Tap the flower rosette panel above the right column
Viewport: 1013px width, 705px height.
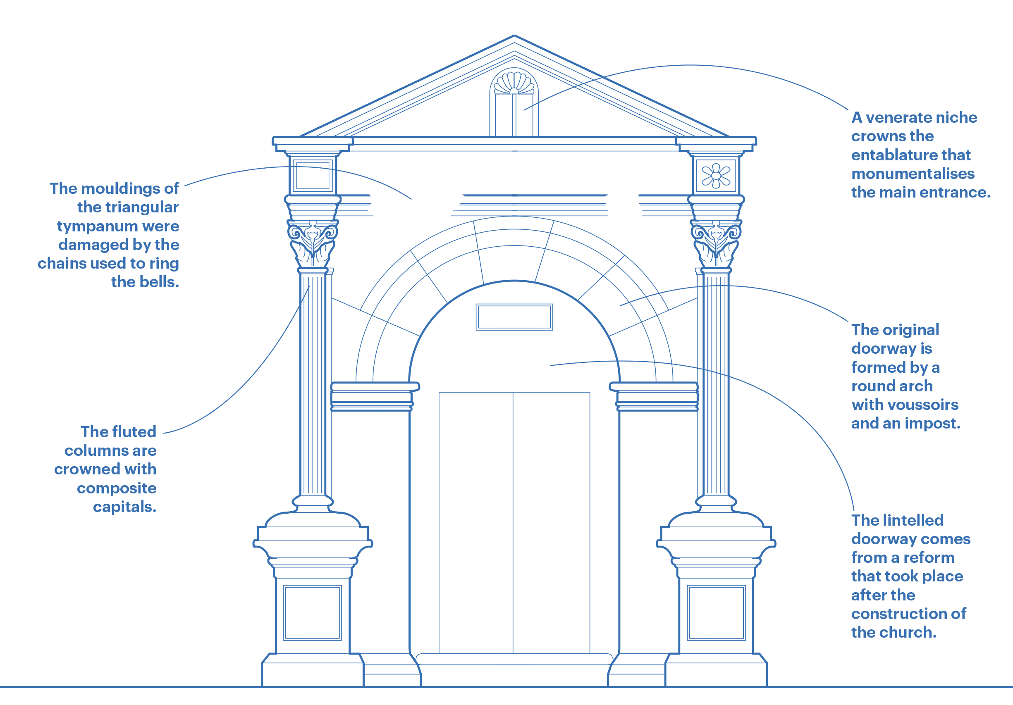pos(716,176)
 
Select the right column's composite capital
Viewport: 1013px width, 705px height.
pos(716,243)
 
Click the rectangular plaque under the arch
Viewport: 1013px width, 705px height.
pos(514,317)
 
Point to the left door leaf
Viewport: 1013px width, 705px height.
pos(475,522)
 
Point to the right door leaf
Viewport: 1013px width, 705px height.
pos(552,522)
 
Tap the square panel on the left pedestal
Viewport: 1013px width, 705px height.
pos(312,612)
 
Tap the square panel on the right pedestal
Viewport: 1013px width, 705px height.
pos(716,612)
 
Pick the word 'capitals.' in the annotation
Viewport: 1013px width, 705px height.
pos(124,507)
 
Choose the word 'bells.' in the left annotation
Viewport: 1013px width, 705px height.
pos(145,282)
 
